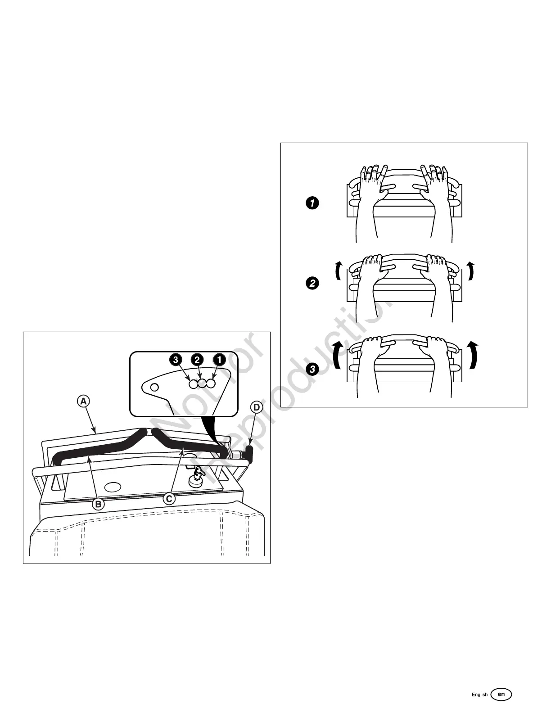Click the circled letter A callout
(83, 401)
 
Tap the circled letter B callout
(98, 504)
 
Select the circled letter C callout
(169, 499)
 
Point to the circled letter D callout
(256, 408)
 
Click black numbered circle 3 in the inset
(176, 360)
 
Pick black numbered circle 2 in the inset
(197, 360)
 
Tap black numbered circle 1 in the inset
(219, 360)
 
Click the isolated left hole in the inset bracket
(154, 387)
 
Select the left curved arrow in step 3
(336, 355)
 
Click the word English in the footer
(479, 695)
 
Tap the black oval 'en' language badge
(501, 694)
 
